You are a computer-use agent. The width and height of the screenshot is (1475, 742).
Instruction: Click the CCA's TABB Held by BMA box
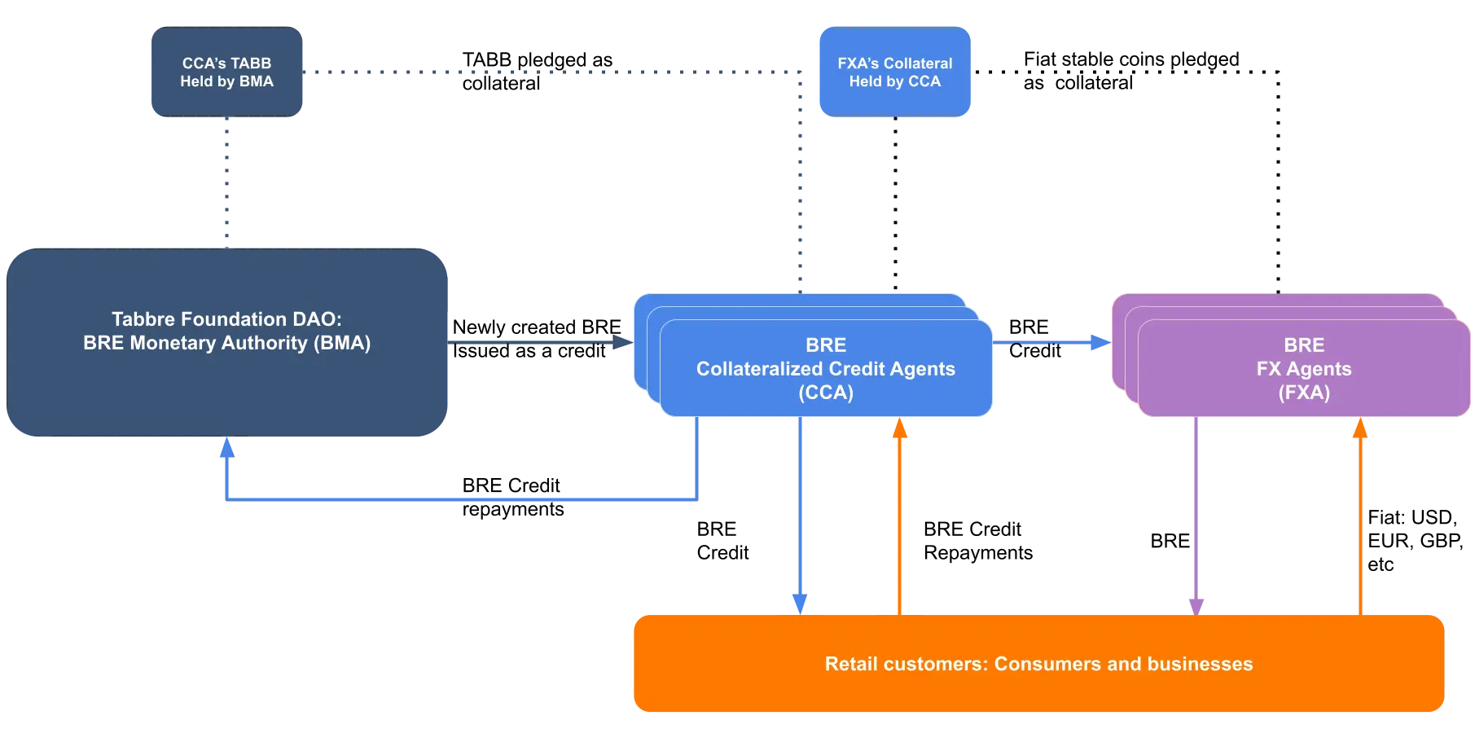[227, 72]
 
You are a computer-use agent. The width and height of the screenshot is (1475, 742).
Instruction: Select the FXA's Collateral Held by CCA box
[894, 72]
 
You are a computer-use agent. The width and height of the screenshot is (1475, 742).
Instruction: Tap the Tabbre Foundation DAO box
[227, 383]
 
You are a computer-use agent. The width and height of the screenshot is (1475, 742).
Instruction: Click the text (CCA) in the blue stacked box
[826, 393]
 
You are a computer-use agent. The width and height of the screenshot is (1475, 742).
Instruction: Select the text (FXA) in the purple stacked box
[1303, 393]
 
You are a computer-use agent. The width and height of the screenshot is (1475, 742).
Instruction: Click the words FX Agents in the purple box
[1303, 369]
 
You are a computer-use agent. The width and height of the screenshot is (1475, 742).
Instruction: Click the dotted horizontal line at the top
[554, 72]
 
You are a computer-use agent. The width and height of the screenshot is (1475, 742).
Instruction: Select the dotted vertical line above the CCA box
[801, 187]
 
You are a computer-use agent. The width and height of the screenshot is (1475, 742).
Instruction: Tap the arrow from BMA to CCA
[538, 343]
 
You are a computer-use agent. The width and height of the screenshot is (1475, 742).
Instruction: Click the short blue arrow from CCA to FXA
[1051, 343]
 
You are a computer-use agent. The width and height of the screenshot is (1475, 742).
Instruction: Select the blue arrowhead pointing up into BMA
[227, 449]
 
